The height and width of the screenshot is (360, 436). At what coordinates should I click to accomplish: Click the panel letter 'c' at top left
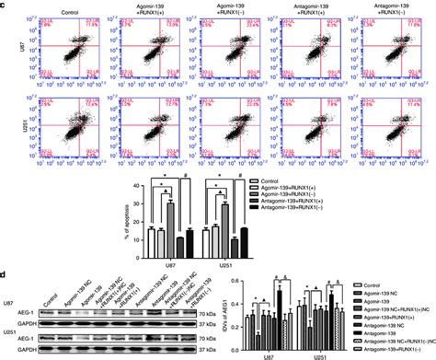pyautogui.click(x=5, y=5)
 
